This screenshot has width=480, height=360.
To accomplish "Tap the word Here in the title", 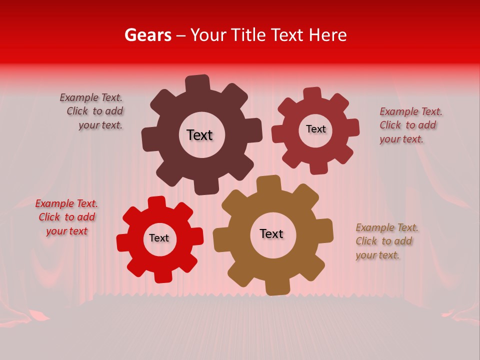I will [328, 35].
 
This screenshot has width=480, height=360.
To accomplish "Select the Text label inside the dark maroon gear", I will [199, 135].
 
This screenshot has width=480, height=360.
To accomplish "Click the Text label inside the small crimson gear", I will [315, 129].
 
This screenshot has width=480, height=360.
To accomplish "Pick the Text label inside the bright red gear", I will [159, 238].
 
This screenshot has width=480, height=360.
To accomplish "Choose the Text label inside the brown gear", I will [271, 233].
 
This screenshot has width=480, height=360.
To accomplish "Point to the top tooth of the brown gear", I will [268, 183].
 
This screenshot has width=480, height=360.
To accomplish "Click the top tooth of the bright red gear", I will [156, 202].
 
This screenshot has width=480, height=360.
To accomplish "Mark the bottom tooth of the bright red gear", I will [162, 275].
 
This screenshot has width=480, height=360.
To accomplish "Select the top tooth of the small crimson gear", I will [312, 94].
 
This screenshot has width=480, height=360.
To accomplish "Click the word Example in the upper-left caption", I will [77, 98].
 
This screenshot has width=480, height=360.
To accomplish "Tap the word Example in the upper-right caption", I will [397, 111].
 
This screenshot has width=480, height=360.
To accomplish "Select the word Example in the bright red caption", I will [52, 203].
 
